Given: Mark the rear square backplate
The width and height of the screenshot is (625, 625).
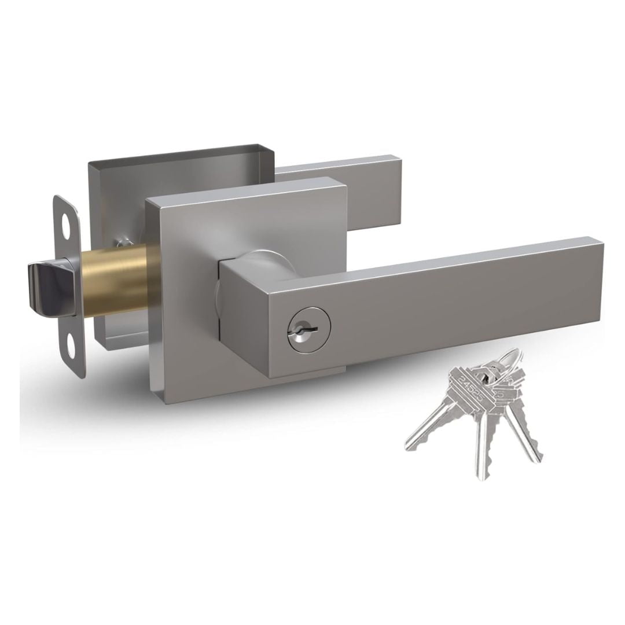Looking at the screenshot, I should point(116,185).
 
